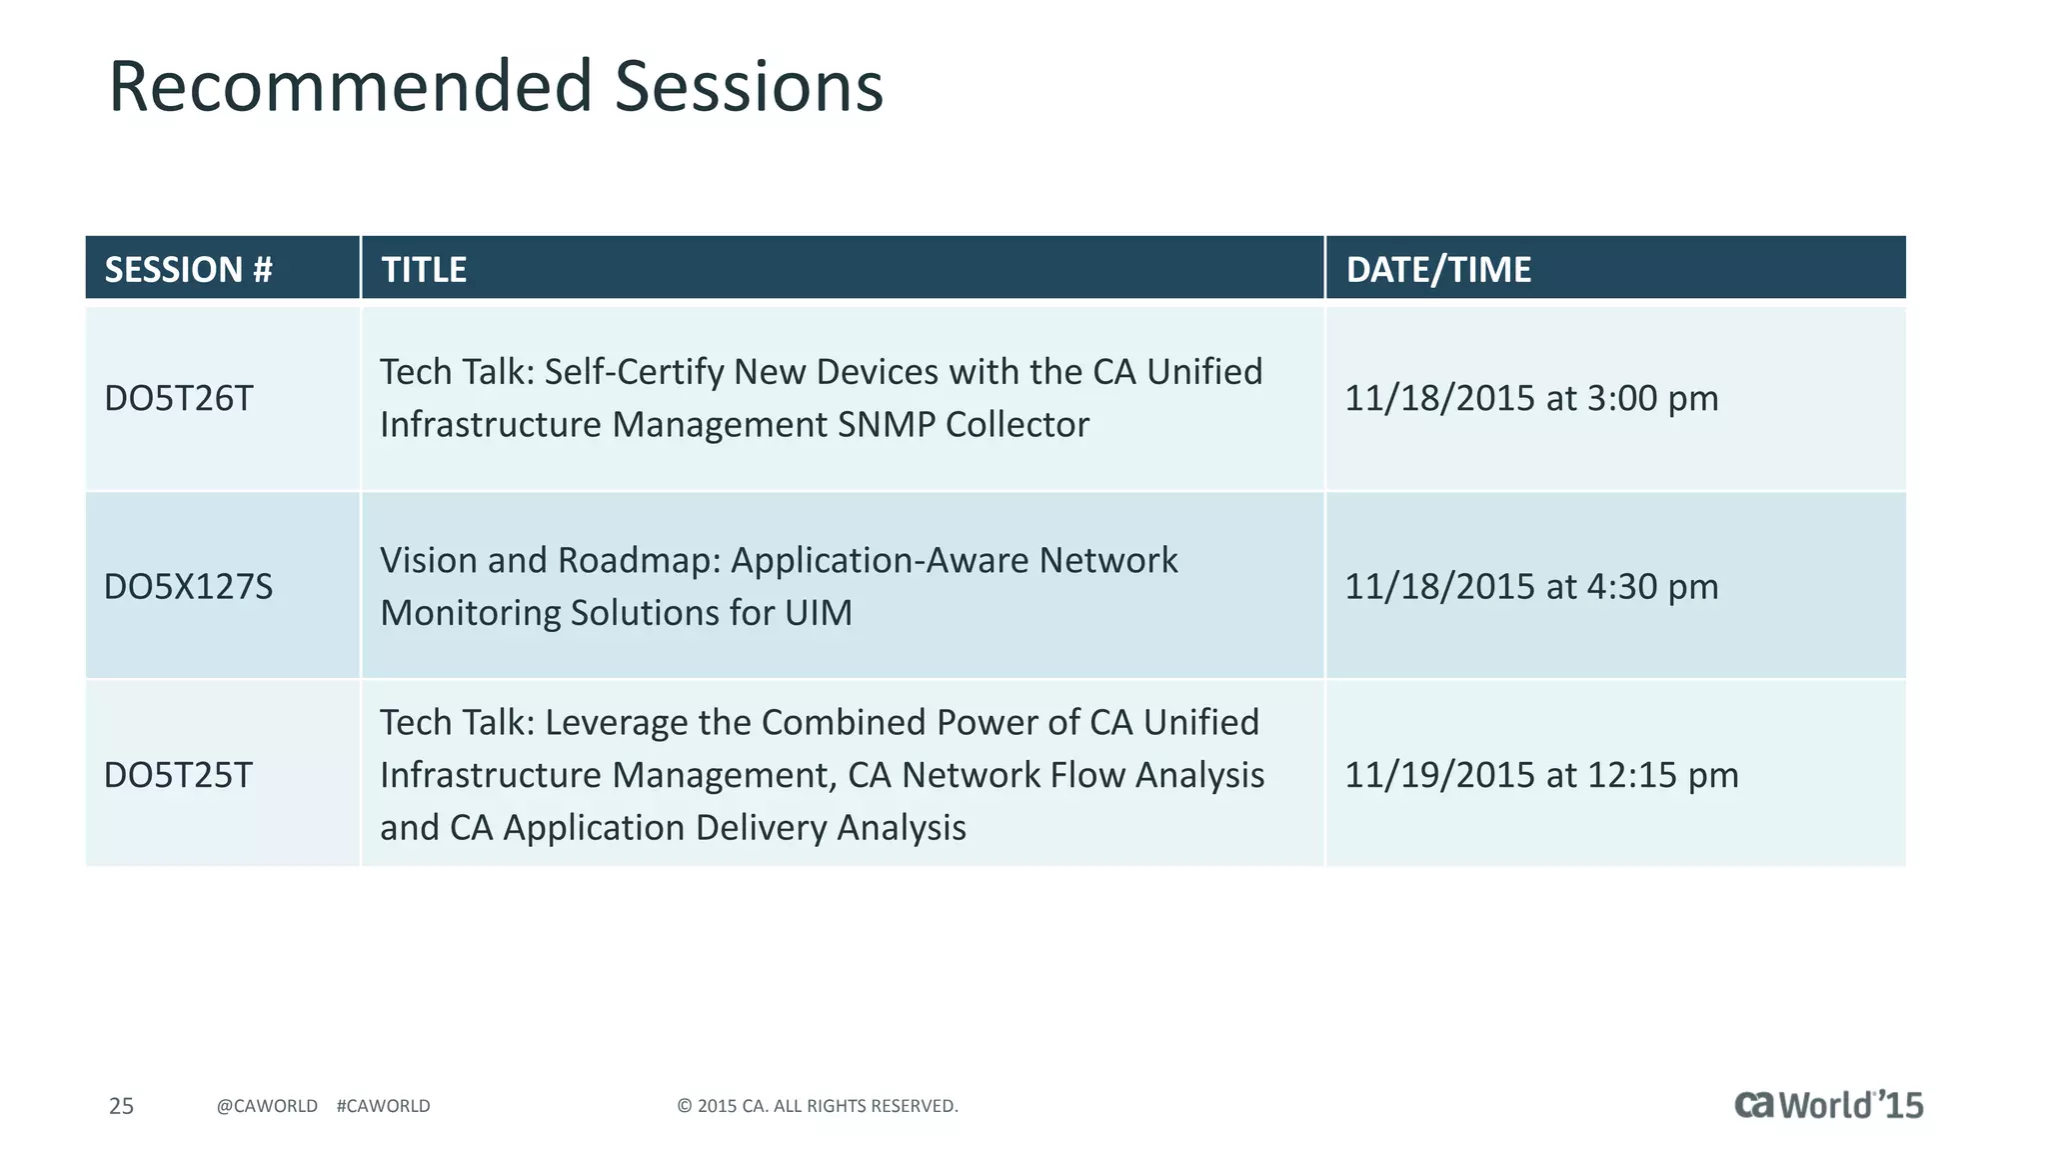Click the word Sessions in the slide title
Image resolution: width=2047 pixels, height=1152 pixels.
point(749,86)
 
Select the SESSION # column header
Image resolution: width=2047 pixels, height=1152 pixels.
point(188,269)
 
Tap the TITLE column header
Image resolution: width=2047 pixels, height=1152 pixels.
point(424,269)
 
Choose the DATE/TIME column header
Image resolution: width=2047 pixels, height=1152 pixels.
point(1437,269)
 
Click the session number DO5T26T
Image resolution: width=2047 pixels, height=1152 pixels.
point(179,398)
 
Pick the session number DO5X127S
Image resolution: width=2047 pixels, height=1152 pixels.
point(188,586)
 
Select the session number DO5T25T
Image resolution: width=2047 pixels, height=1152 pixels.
point(179,775)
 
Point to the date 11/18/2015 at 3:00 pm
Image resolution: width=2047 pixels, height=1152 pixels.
point(1530,398)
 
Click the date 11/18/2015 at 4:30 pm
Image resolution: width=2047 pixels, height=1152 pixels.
point(1530,586)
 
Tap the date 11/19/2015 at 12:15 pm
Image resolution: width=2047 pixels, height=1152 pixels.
point(1540,775)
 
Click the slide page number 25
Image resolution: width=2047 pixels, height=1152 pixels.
point(121,1106)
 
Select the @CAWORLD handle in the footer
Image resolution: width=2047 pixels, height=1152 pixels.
point(267,1106)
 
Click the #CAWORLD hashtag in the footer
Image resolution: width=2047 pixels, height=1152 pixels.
point(383,1106)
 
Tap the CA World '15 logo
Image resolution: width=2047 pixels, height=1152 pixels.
point(1828,1104)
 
